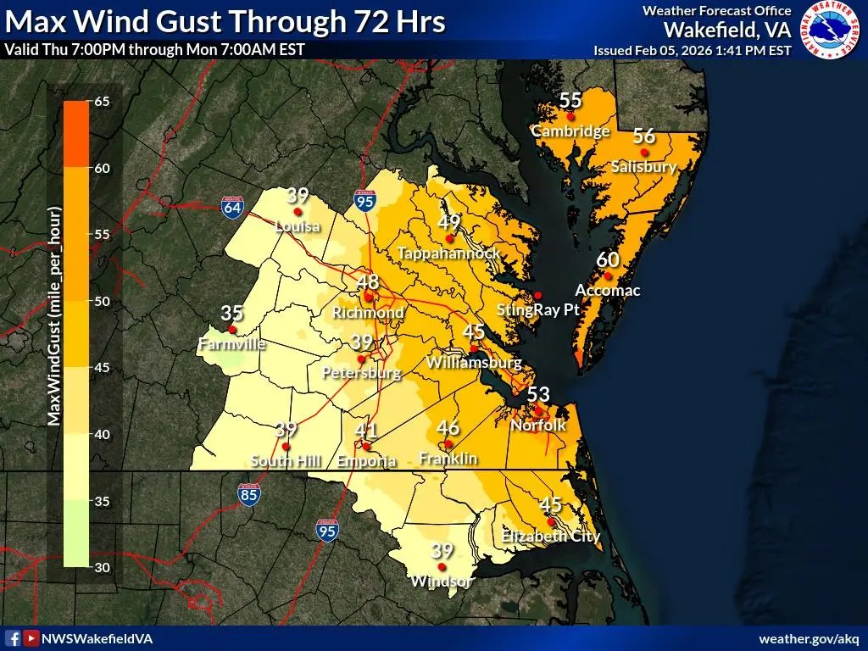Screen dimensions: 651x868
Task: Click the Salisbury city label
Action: [643, 167]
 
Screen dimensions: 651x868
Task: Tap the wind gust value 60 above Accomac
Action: [608, 259]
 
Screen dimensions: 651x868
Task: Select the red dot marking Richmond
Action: [369, 298]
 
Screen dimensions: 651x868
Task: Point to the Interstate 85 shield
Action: [248, 494]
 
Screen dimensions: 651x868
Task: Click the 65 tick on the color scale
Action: [102, 102]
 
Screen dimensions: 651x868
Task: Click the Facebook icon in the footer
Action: [13, 638]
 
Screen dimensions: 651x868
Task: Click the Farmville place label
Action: [231, 344]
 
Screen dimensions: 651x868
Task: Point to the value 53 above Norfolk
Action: [538, 394]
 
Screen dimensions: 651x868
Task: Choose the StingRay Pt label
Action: [528, 310]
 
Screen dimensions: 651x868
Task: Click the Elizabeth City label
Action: [550, 536]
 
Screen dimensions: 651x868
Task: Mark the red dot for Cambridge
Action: [571, 116]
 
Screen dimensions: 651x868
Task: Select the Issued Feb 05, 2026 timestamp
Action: [693, 50]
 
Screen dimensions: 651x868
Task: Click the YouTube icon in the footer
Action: [31, 638]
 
